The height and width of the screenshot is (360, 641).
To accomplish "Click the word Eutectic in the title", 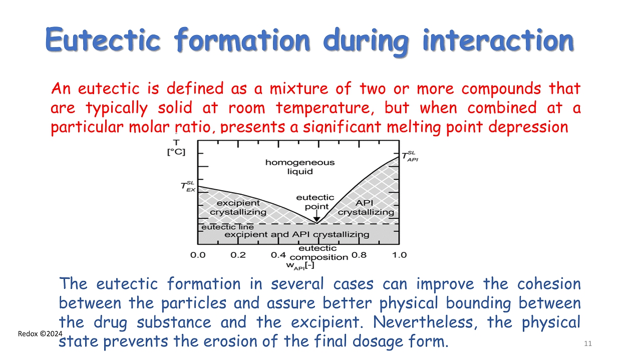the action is pyautogui.click(x=103, y=40).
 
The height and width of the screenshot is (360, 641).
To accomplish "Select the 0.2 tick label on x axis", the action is pyautogui.click(x=238, y=255).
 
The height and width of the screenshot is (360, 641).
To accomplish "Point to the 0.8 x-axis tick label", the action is pyautogui.click(x=359, y=255).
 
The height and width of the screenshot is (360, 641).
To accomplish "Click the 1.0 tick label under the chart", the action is pyautogui.click(x=399, y=255).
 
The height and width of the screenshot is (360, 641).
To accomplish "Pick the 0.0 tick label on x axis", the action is pyautogui.click(x=198, y=255).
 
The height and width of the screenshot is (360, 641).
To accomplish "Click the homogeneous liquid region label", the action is pyautogui.click(x=300, y=167).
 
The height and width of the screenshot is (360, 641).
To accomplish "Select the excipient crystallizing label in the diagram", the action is pyautogui.click(x=238, y=207).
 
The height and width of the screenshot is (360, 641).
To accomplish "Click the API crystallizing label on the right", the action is pyautogui.click(x=366, y=207).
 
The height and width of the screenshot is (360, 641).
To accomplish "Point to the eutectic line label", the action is pyautogui.click(x=227, y=227).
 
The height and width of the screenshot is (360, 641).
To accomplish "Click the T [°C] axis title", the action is pyautogui.click(x=176, y=147).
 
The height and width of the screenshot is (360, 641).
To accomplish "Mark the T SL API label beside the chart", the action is pyautogui.click(x=410, y=157).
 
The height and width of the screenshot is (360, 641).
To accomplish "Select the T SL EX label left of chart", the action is pyautogui.click(x=188, y=186).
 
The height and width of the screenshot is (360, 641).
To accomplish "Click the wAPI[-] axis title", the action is pyautogui.click(x=300, y=266).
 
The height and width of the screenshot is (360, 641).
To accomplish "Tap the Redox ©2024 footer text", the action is pyautogui.click(x=40, y=333).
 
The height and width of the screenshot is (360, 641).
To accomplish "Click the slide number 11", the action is pyautogui.click(x=588, y=343).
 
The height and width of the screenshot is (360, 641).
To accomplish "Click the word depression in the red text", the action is pyautogui.click(x=528, y=127).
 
